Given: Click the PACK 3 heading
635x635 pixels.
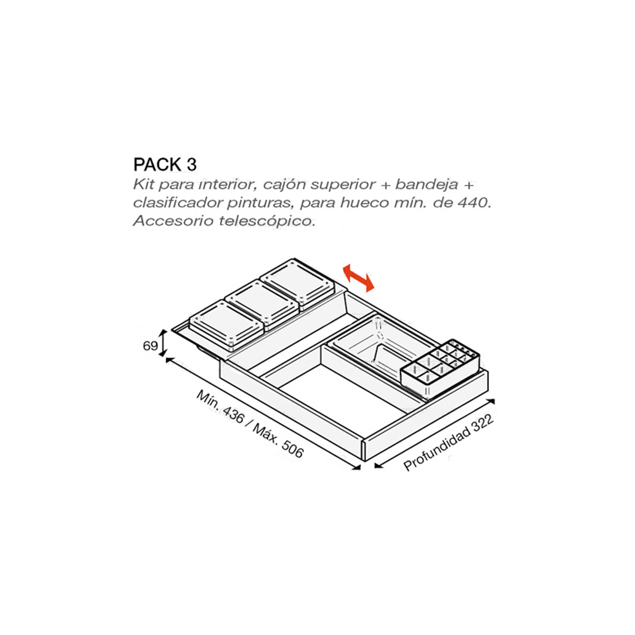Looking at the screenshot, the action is (x=165, y=165).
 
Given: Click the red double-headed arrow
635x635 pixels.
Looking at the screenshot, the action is (x=359, y=278).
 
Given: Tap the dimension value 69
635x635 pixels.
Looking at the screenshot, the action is (x=150, y=346).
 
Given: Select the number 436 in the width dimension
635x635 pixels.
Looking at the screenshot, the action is (x=233, y=415).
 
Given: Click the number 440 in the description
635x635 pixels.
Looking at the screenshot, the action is (x=475, y=203).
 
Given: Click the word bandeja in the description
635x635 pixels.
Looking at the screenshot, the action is (x=427, y=185).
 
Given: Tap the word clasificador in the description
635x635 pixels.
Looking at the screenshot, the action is (x=177, y=203).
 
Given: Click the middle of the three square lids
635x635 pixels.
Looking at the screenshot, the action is (x=262, y=304).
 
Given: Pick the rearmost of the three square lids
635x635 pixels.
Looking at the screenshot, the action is (x=297, y=284).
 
